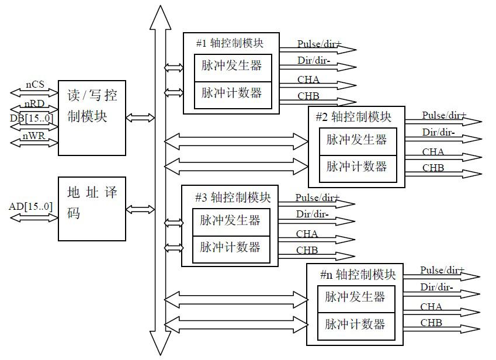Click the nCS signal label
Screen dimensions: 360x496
click(x=35, y=85)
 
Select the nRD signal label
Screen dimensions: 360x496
click(x=34, y=105)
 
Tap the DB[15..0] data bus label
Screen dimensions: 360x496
click(x=32, y=118)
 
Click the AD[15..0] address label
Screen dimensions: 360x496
click(x=30, y=207)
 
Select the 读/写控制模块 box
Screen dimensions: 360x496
click(x=92, y=117)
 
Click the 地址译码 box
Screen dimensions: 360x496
click(x=92, y=209)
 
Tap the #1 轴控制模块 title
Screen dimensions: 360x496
click(x=230, y=43)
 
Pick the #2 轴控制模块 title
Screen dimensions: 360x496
click(x=353, y=116)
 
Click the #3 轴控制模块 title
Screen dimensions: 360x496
click(x=229, y=197)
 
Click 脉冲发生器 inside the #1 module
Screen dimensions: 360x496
click(x=232, y=65)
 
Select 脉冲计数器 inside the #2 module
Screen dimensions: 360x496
click(x=356, y=167)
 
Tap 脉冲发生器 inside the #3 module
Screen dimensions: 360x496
click(x=230, y=220)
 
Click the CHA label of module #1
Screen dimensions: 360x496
click(x=308, y=80)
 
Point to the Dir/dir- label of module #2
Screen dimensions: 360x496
click(x=438, y=133)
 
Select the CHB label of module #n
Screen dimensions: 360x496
click(x=431, y=323)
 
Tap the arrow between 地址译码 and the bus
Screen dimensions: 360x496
click(x=140, y=209)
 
